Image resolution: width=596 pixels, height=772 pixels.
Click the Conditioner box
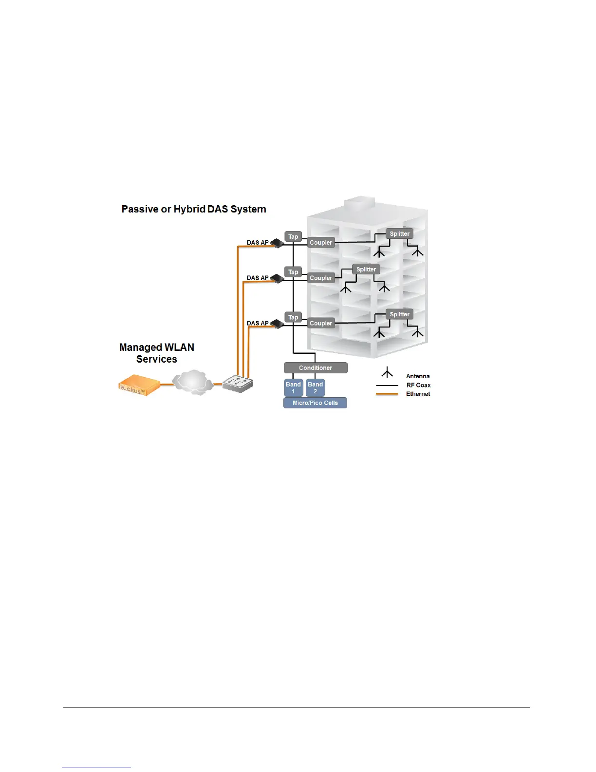tap(316, 368)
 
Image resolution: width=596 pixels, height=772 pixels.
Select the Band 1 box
tap(293, 387)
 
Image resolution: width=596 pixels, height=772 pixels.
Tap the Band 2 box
tap(315, 387)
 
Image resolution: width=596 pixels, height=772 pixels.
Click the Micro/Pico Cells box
tap(315, 403)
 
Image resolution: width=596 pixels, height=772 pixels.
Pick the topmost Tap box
tap(293, 237)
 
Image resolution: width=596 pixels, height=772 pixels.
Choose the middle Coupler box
tap(321, 278)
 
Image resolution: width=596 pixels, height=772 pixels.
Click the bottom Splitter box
tap(399, 314)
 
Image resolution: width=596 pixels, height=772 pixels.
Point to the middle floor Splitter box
tap(366, 270)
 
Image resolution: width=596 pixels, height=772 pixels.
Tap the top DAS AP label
tap(258, 243)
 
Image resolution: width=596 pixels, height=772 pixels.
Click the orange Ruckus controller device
tap(139, 385)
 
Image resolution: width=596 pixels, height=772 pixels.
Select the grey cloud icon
tap(193, 382)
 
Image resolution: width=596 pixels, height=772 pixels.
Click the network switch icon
tap(238, 384)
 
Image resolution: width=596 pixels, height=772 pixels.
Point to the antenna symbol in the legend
tap(387, 373)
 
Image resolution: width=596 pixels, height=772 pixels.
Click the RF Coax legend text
tap(418, 385)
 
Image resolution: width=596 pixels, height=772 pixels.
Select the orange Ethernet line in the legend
tap(387, 394)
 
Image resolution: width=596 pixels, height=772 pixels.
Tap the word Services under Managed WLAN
tap(157, 359)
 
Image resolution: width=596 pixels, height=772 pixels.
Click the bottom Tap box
tap(293, 317)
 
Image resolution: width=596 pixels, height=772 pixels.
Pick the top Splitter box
tap(399, 234)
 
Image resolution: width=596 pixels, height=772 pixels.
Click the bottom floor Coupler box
tap(321, 323)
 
